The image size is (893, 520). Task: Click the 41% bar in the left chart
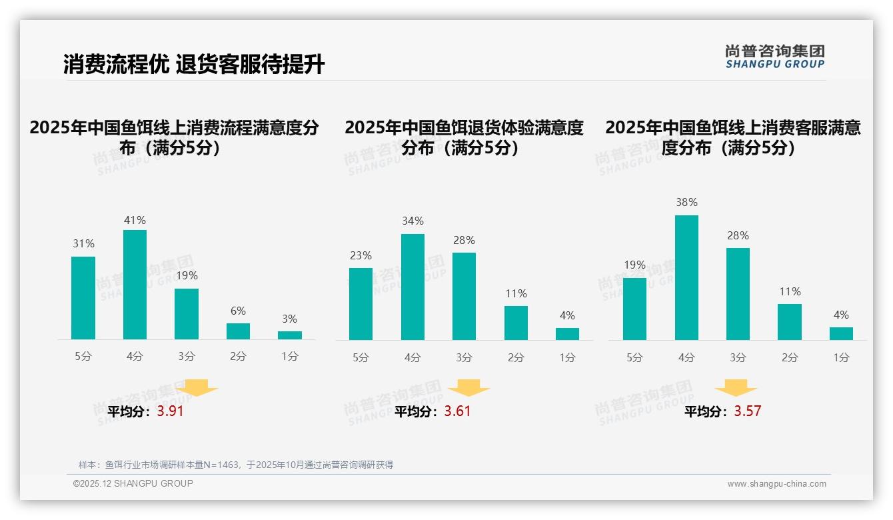(135, 285)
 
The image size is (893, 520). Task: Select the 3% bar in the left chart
(290, 335)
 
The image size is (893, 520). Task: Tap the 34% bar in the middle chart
(413, 287)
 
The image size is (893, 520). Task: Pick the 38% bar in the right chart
(686, 277)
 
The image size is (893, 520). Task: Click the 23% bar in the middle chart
(361, 304)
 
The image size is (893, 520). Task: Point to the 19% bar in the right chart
(634, 309)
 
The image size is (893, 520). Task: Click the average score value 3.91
(170, 411)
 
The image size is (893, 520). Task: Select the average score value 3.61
(457, 411)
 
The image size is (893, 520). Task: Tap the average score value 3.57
(747, 411)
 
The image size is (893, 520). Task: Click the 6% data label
(238, 311)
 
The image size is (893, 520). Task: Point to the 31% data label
(83, 244)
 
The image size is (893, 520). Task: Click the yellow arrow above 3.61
(468, 388)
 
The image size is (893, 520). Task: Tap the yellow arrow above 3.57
(736, 388)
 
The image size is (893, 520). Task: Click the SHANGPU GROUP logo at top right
(774, 57)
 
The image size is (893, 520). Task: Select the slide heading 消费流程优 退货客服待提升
(194, 65)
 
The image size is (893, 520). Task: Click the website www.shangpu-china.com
(776, 484)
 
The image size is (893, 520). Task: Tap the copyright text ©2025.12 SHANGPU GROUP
(133, 483)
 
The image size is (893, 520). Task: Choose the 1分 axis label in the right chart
(841, 357)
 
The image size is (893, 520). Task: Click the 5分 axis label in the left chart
(83, 357)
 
